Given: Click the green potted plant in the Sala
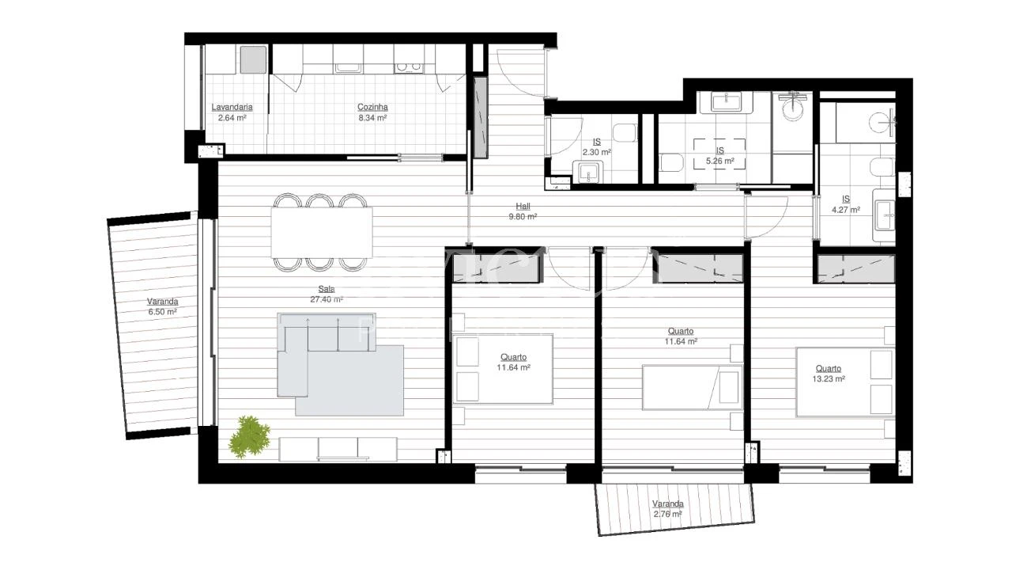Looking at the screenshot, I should coord(251,436).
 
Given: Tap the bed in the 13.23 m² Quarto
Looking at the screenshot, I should coord(844,382).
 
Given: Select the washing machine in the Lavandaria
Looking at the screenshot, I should coord(253,59).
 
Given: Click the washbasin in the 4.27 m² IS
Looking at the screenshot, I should coord(885,211).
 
